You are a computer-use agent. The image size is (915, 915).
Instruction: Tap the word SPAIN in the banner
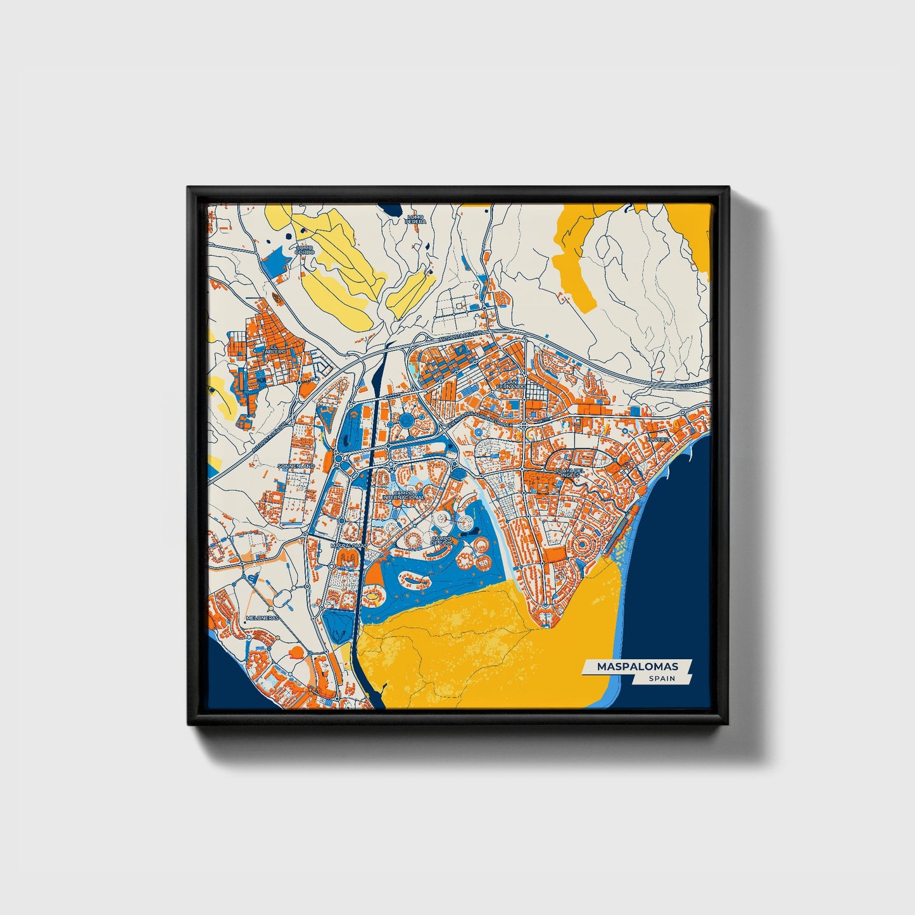[661, 678]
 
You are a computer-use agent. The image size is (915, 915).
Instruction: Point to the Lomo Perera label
[416, 219]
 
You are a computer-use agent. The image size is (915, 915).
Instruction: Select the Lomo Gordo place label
[305, 249]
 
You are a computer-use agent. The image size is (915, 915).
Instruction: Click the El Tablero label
[277, 349]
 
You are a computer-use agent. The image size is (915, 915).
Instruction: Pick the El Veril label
[657, 439]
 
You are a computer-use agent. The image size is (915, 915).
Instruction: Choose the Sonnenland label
[296, 465]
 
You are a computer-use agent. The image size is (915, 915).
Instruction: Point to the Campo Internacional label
[403, 495]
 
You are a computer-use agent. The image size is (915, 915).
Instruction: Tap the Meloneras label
[262, 617]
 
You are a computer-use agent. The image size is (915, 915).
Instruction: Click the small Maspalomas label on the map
[349, 545]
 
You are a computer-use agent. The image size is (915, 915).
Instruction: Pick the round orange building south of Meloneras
[294, 652]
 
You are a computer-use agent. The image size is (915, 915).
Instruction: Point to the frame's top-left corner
[189, 188]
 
